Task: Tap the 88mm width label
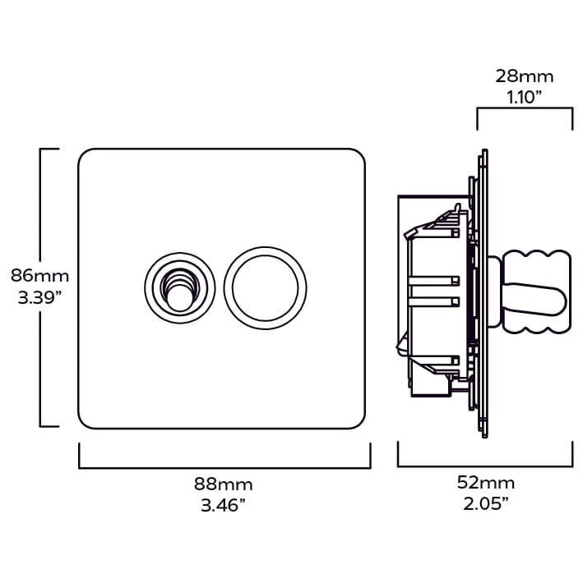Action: (224, 484)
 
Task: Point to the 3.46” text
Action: (224, 505)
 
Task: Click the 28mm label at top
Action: (524, 76)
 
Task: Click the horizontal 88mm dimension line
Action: (224, 466)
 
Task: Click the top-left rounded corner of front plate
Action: (85, 155)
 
